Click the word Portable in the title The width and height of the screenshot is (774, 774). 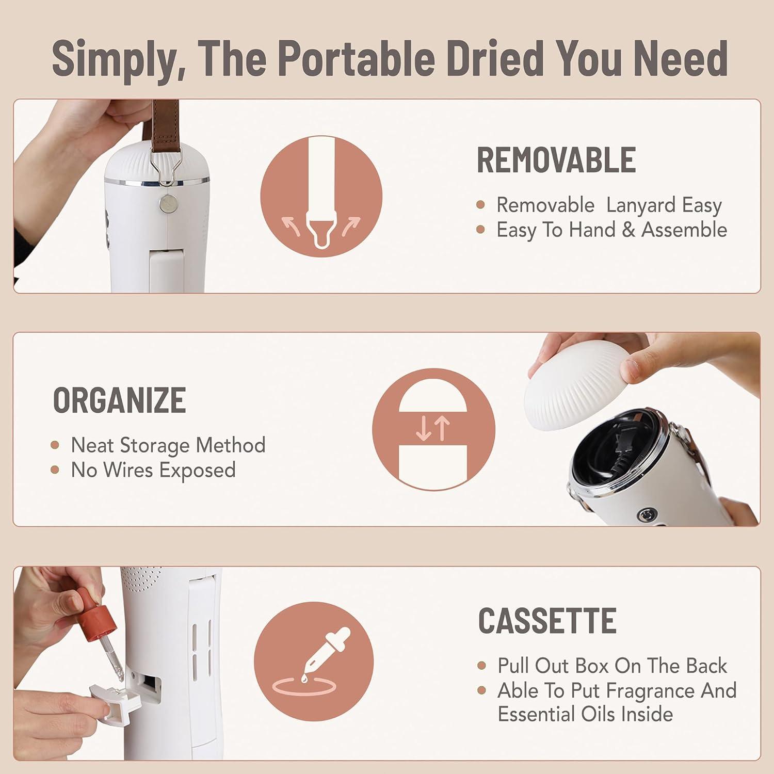click(x=357, y=58)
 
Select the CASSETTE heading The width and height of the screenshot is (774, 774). click(x=547, y=620)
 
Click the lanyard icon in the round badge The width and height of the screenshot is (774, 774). click(x=321, y=193)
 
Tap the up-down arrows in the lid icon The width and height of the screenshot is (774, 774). click(x=433, y=429)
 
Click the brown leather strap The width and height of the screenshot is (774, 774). click(x=165, y=124)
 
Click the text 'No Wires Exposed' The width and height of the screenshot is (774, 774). click(x=153, y=470)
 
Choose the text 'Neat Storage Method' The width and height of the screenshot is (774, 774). click(x=168, y=445)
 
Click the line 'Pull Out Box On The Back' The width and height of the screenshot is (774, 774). click(x=611, y=666)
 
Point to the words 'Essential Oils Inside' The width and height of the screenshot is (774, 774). click(x=585, y=714)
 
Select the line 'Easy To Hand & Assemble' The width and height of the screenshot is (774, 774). click(x=611, y=230)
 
